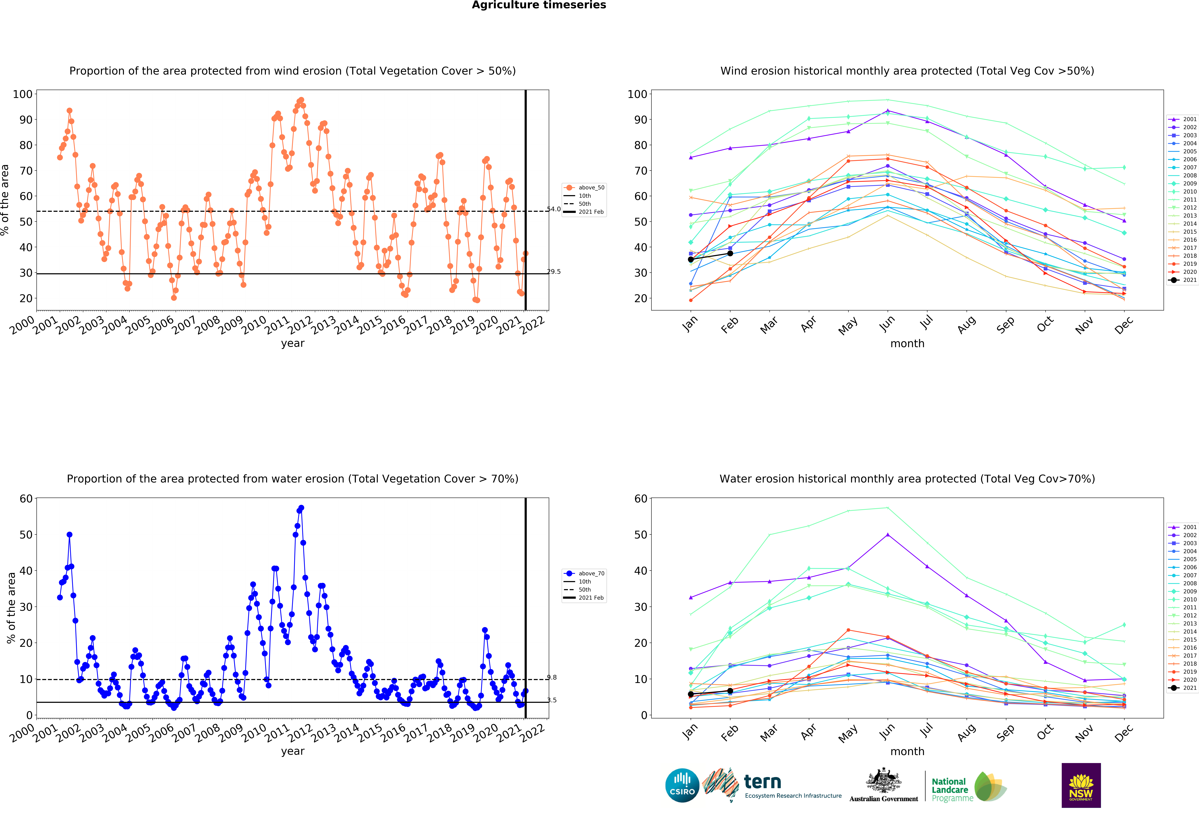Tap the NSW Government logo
(1081, 785)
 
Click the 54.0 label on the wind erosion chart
(554, 209)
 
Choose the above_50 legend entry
(591, 188)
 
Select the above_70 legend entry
(591, 574)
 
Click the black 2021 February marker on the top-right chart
(730, 253)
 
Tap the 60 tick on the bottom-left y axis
(26, 499)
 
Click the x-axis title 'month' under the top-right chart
(907, 343)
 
